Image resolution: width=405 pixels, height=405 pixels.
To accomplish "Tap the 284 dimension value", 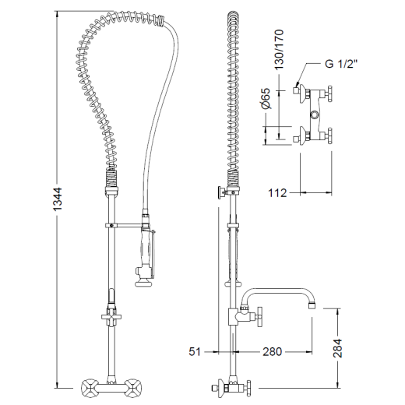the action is click(337, 348).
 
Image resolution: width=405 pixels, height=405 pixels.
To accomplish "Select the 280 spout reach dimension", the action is click(272, 352).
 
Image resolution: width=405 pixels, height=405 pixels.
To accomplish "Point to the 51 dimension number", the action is click(195, 352).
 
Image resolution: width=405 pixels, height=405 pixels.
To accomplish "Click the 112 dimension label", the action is click(277, 193).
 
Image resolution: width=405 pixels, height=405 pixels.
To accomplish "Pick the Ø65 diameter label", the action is click(266, 99).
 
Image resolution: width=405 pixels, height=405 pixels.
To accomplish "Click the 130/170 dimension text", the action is click(279, 50).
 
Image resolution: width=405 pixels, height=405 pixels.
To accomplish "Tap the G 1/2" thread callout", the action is click(341, 63).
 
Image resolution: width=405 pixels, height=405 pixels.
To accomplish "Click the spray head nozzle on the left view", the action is click(142, 282).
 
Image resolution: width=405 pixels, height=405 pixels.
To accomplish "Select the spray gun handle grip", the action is click(145, 247).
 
